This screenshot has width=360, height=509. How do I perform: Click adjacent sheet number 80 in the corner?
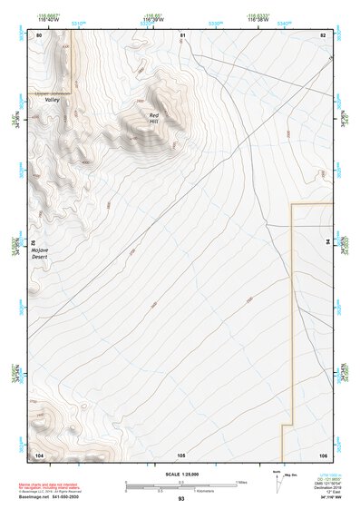pyautogui.click(x=39, y=34)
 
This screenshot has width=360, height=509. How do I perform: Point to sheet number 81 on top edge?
pyautogui.click(x=181, y=34)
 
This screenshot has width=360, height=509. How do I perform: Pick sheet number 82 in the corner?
pyautogui.click(x=322, y=34)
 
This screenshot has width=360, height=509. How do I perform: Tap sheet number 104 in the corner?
pyautogui.click(x=40, y=454)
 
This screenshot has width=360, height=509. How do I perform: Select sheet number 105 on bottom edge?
pyautogui.click(x=181, y=454)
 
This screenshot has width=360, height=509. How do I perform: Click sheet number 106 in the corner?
pyautogui.click(x=322, y=454)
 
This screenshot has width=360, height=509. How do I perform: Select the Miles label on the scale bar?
pyautogui.click(x=240, y=482)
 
